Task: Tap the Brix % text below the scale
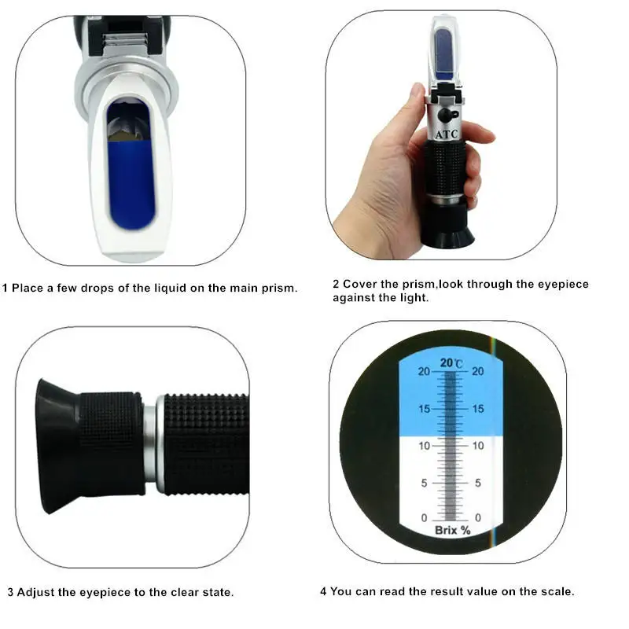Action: point(452,530)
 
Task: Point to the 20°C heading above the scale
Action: point(451,363)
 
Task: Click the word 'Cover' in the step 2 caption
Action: point(359,284)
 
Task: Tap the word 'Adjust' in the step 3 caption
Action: point(35,592)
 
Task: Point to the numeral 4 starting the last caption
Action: point(323,591)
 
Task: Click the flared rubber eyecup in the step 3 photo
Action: point(55,444)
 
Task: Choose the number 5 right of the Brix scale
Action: point(478,483)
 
